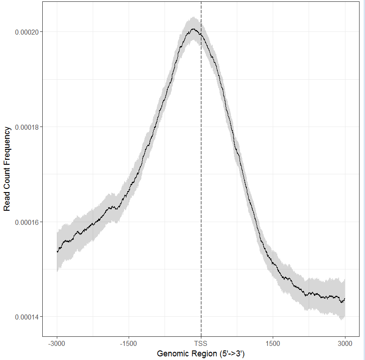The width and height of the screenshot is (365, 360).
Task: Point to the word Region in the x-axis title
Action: [x=202, y=353]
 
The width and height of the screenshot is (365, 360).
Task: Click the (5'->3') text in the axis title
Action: [x=230, y=353]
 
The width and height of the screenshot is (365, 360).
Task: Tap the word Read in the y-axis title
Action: [x=7, y=203]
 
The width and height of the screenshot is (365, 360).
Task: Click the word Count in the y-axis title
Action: [x=7, y=180]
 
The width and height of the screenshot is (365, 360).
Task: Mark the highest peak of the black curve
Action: [x=194, y=29]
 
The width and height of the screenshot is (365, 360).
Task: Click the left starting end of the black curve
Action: [x=57, y=252]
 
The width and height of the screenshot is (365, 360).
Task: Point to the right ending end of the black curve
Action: [x=345, y=299]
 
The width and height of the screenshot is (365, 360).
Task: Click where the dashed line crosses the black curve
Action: [x=201, y=34]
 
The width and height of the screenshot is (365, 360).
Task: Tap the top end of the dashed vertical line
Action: [x=201, y=3]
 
